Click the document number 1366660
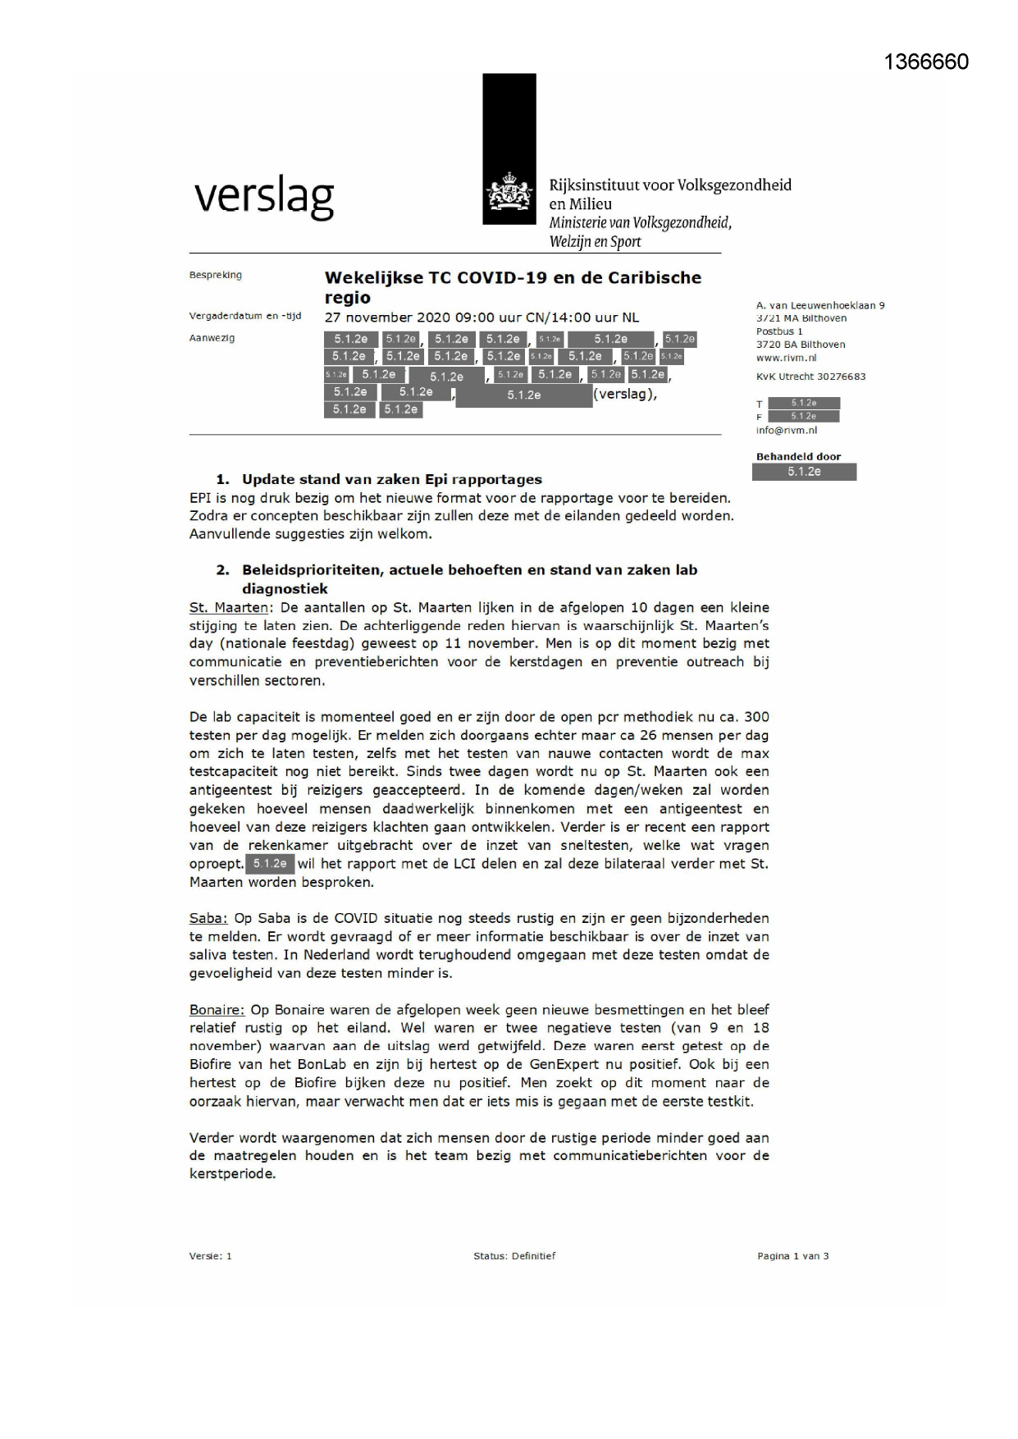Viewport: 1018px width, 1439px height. pos(926,62)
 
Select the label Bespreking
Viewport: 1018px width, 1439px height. pos(215,275)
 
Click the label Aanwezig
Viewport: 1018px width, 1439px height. pos(212,338)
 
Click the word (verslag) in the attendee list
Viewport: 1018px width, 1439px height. pos(625,394)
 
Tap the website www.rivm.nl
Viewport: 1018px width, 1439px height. pos(786,358)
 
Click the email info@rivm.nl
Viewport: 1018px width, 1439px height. pos(786,430)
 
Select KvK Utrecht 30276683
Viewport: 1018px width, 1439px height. pos(810,377)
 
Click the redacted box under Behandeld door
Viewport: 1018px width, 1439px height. pos(804,472)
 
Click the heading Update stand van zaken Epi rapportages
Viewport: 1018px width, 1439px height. pos(391,479)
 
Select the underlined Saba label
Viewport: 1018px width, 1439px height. pos(208,918)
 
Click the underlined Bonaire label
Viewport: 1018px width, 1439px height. pos(217,1010)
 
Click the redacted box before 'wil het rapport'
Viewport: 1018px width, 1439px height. pos(270,864)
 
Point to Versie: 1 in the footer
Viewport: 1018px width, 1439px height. pos(210,1256)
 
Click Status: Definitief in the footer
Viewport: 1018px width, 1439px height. pos(514,1256)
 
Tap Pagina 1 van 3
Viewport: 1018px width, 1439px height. pos(792,1256)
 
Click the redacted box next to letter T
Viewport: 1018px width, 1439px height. pos(804,403)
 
